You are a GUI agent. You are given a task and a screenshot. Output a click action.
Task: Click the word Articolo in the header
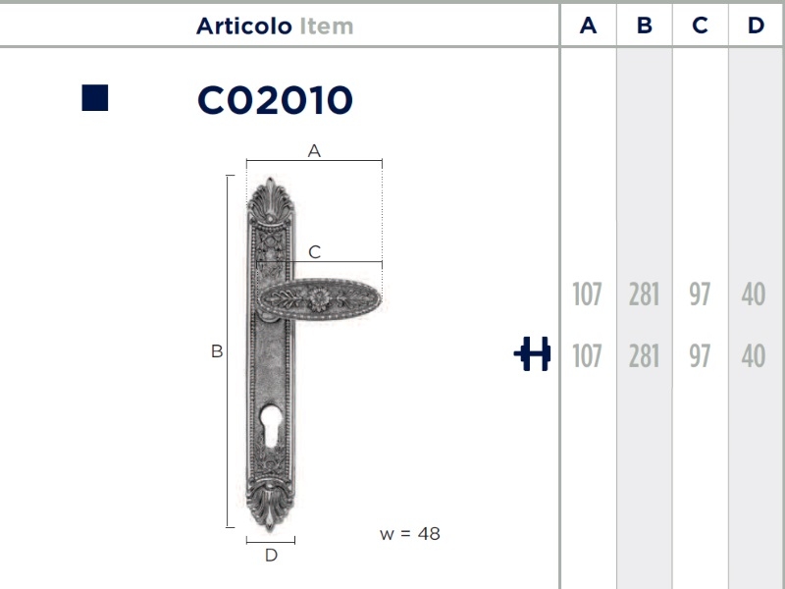pyautogui.click(x=243, y=27)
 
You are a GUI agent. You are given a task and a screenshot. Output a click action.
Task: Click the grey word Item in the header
pyautogui.click(x=327, y=27)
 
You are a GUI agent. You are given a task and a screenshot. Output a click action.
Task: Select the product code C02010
pyautogui.click(x=275, y=100)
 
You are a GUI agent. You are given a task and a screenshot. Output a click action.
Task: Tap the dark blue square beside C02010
pyautogui.click(x=94, y=97)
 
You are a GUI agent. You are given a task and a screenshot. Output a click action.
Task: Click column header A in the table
pyautogui.click(x=588, y=26)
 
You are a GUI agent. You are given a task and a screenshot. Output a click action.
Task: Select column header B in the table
pyautogui.click(x=645, y=26)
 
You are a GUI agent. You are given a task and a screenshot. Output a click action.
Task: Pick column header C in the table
pyautogui.click(x=700, y=26)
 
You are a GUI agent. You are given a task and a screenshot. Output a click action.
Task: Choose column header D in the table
pyautogui.click(x=756, y=26)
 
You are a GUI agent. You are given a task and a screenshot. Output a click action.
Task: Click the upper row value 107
pyautogui.click(x=587, y=294)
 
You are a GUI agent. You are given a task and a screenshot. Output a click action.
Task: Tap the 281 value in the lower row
pyautogui.click(x=644, y=356)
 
